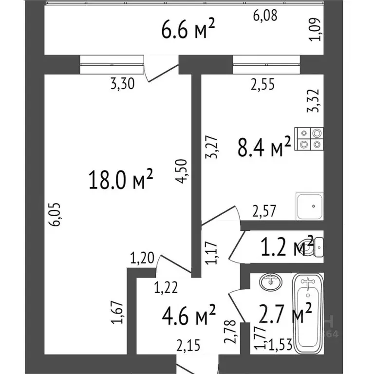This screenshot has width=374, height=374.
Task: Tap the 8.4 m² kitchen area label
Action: (x=264, y=147)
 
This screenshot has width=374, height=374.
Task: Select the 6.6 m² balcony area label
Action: (x=188, y=31)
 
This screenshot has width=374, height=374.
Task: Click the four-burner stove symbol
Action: (x=310, y=138)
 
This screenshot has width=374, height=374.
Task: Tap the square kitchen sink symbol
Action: (x=309, y=207)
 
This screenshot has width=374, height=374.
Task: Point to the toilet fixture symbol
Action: (x=317, y=247)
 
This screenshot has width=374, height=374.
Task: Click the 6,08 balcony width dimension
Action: (x=265, y=16)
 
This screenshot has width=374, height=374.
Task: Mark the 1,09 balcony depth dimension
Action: (x=318, y=30)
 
